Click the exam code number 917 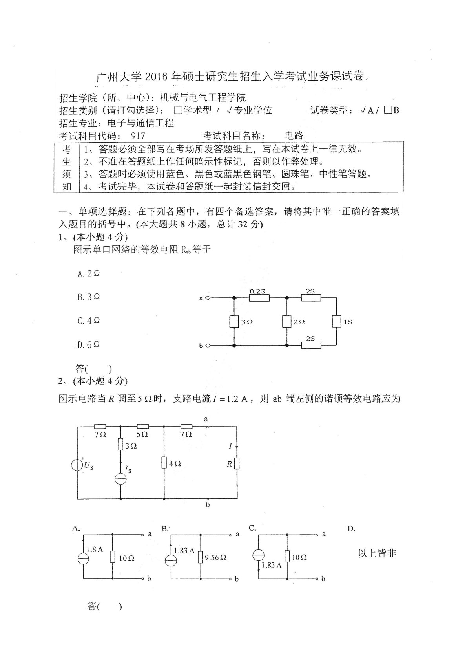tap(137, 136)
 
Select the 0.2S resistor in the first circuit tap(259, 298)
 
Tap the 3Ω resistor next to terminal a tap(234, 322)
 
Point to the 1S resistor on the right tap(336, 321)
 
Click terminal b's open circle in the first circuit tap(208, 346)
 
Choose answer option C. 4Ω tap(89, 320)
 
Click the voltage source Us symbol tap(77, 464)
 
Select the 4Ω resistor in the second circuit tap(164, 463)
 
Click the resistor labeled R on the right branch tap(237, 463)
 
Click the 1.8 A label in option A tap(94, 549)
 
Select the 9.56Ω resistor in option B tap(201, 557)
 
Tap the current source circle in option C tap(258, 555)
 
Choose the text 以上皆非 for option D tap(377, 553)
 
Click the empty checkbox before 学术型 tap(178, 110)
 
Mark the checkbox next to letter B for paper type tap(388, 110)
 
